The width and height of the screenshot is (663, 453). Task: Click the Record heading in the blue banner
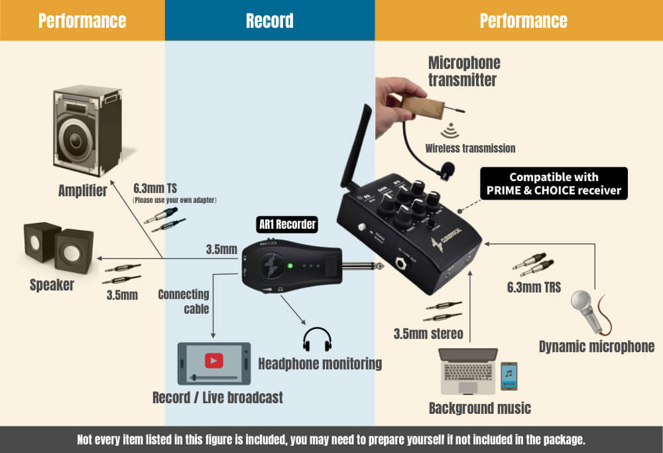(269, 21)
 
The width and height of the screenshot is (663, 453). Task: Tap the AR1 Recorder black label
(286, 225)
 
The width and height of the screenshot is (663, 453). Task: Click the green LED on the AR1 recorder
(290, 267)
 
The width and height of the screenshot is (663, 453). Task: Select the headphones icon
(316, 339)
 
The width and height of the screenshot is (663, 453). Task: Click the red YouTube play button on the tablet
(213, 360)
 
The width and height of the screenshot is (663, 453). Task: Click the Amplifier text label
(82, 191)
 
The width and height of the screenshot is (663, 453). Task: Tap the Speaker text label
(52, 285)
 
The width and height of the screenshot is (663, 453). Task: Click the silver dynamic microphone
(589, 309)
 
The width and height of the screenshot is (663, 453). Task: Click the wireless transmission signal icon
(453, 129)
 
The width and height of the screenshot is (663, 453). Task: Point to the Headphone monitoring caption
(320, 363)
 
